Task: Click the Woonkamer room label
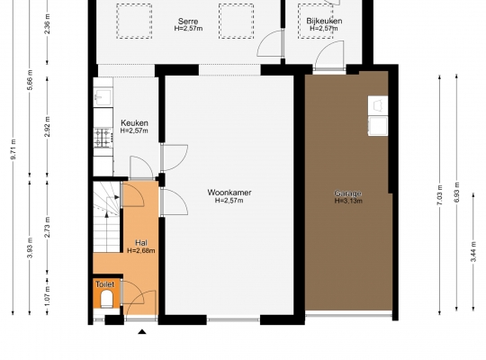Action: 229,193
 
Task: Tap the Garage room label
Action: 347,193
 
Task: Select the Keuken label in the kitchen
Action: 134,122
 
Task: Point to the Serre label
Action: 188,22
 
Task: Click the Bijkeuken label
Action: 324,21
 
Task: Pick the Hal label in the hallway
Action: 141,243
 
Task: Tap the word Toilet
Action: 104,284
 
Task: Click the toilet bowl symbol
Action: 107,299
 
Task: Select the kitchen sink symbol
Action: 103,97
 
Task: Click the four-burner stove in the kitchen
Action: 103,138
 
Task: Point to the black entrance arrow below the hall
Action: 142,332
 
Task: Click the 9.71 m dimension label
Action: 13,149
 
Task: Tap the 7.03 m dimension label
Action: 439,194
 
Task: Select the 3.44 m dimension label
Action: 473,251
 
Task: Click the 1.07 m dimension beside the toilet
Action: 47,295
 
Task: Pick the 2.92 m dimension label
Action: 47,127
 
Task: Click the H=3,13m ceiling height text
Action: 348,201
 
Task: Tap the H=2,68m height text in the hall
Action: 141,250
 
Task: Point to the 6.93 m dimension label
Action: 456,193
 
